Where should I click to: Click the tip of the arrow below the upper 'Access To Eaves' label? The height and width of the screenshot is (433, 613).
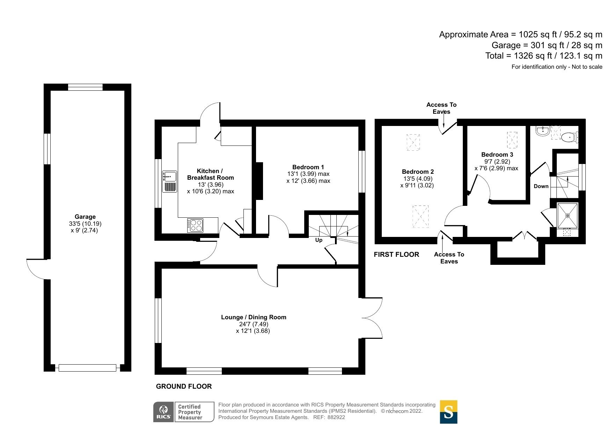[444, 128]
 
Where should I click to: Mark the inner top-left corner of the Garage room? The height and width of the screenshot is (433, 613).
[51, 91]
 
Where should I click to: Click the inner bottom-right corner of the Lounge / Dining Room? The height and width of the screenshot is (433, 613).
[359, 367]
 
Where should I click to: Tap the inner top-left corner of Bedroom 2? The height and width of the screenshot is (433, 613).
[382, 126]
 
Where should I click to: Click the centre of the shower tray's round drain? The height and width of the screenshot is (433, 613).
[568, 216]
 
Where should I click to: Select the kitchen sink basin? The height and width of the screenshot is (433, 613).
[170, 176]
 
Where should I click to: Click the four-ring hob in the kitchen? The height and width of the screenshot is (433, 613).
[195, 225]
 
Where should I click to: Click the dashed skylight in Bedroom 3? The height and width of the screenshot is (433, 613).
[512, 140]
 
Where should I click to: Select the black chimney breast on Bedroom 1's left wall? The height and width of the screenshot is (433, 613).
[259, 181]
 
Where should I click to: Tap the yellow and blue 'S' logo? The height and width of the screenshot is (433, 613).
[448, 412]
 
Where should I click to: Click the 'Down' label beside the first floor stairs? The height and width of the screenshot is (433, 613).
[541, 186]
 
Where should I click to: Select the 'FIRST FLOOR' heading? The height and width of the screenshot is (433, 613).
[396, 254]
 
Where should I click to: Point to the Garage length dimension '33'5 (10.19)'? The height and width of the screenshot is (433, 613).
[85, 224]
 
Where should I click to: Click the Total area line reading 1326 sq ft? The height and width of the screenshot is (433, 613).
[544, 56]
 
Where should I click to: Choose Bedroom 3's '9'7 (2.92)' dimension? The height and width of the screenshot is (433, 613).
[497, 162]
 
